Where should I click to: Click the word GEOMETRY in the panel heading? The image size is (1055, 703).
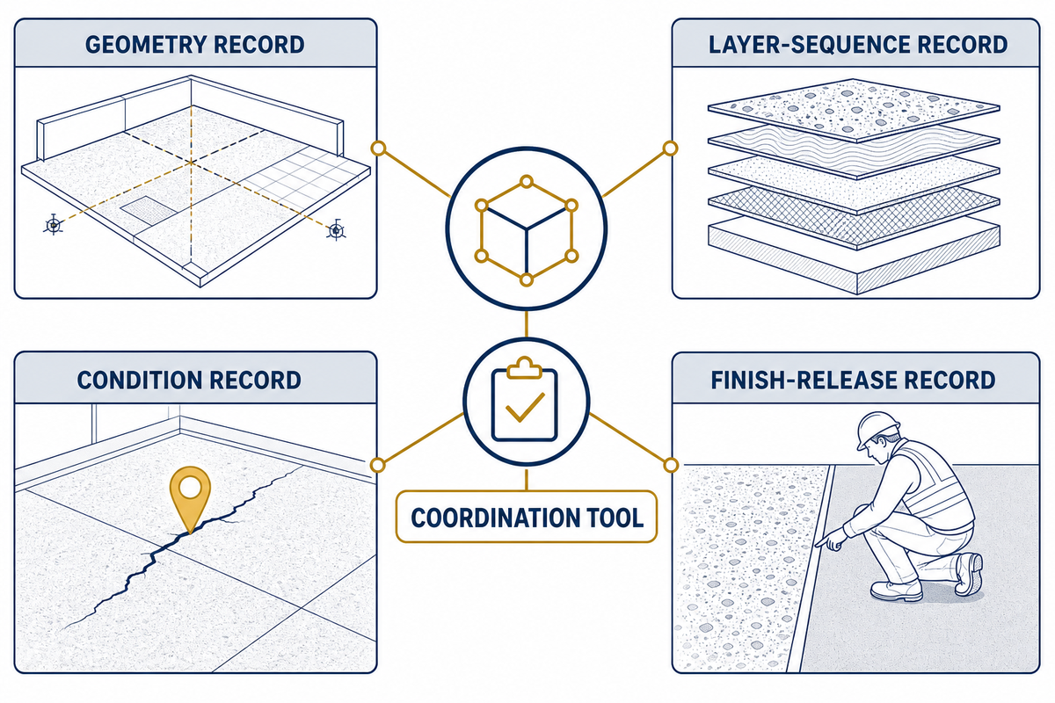click(x=145, y=45)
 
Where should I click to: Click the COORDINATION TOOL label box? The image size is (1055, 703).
click(x=527, y=517)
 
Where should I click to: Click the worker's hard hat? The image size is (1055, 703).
click(x=877, y=429)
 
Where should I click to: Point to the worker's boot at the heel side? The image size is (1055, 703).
click(x=969, y=575)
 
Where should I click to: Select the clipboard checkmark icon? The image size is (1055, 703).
click(x=525, y=404)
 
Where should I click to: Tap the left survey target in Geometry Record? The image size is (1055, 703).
click(x=54, y=226)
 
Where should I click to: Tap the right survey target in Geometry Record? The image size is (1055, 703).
click(x=336, y=230)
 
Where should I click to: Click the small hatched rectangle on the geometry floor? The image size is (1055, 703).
click(x=149, y=208)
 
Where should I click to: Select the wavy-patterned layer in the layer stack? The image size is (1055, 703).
click(x=854, y=149)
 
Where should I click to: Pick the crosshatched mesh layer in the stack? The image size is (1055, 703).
click(x=854, y=215)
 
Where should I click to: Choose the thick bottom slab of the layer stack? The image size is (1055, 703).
click(x=854, y=257)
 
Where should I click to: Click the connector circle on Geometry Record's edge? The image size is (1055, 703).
click(x=378, y=149)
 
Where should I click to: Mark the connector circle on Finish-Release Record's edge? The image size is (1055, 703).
click(x=671, y=465)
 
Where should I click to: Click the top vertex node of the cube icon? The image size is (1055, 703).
click(x=527, y=182)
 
